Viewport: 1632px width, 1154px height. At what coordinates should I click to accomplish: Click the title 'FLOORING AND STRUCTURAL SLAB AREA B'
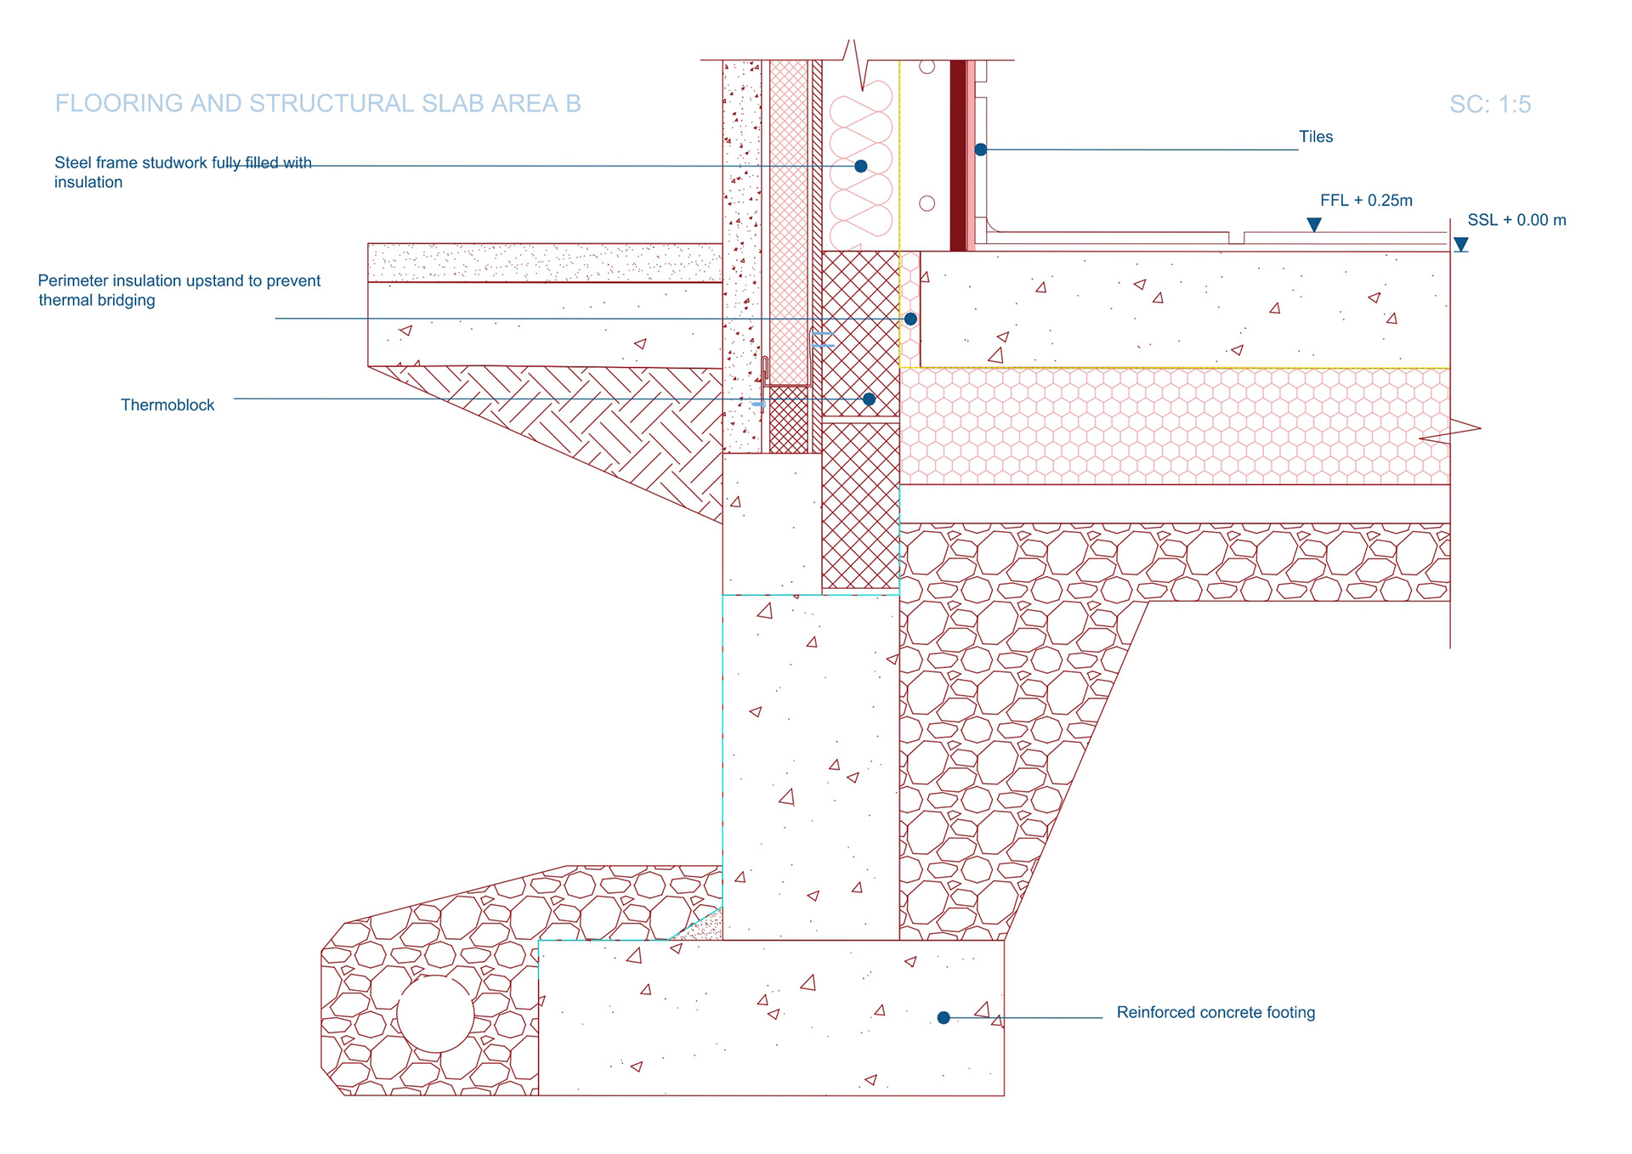318,104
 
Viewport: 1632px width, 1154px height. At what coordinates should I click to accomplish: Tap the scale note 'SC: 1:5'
1489,105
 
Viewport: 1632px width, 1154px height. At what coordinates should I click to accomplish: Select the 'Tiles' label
1315,137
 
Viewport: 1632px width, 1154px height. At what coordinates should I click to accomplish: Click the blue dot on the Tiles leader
980,150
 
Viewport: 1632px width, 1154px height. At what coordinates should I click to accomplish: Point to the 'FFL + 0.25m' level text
1365,201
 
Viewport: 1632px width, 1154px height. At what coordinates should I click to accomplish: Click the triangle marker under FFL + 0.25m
1313,224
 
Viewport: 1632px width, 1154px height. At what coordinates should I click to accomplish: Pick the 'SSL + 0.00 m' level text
1516,220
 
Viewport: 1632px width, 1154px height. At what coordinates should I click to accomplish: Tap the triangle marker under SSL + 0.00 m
1460,245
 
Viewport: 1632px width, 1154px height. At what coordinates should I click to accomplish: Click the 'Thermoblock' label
167,405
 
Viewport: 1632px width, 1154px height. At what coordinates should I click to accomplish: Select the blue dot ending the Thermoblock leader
869,399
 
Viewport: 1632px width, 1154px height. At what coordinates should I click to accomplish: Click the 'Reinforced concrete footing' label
1215,1012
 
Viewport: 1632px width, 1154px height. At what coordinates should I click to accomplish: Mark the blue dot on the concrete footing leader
943,1017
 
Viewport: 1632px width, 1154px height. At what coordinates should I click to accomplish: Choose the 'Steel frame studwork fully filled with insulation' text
182,172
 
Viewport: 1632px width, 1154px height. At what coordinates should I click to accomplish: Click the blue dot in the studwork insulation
861,167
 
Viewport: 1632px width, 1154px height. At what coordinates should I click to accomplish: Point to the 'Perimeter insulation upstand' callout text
178,290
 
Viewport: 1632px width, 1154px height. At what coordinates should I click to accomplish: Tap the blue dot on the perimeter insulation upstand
910,319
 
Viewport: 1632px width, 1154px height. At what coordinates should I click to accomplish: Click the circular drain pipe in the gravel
435,1014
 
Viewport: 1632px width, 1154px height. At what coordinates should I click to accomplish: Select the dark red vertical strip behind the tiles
958,155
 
